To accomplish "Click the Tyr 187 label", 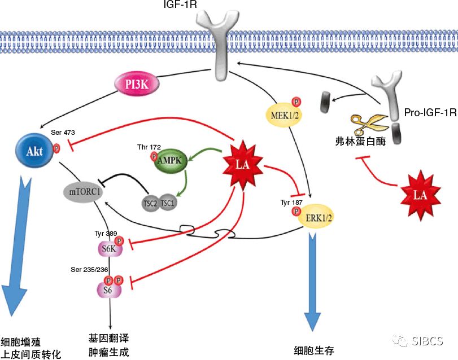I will coord(292,201).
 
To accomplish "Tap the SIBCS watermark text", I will coord(426,341).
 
